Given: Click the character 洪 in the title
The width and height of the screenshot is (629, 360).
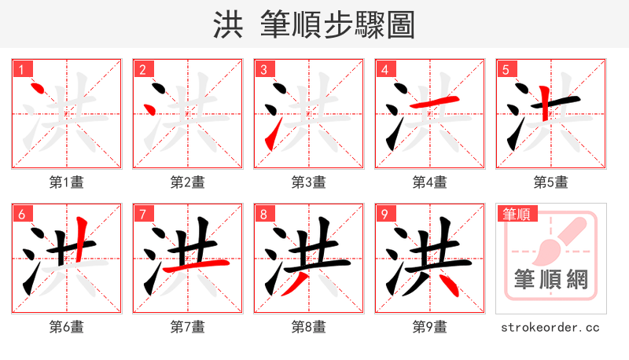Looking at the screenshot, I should pos(228,25).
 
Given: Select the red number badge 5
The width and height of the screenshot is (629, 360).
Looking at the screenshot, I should pos(506,70).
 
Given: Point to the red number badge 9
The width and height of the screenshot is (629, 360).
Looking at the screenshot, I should pos(385,214).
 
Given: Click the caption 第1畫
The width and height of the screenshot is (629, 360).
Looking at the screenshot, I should pos(67,182).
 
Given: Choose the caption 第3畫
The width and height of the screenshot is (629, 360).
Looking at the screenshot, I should pos(309,182).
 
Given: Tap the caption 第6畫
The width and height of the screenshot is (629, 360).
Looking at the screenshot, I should pos(67,327).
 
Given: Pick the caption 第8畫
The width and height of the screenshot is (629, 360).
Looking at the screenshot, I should pos(309,327).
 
